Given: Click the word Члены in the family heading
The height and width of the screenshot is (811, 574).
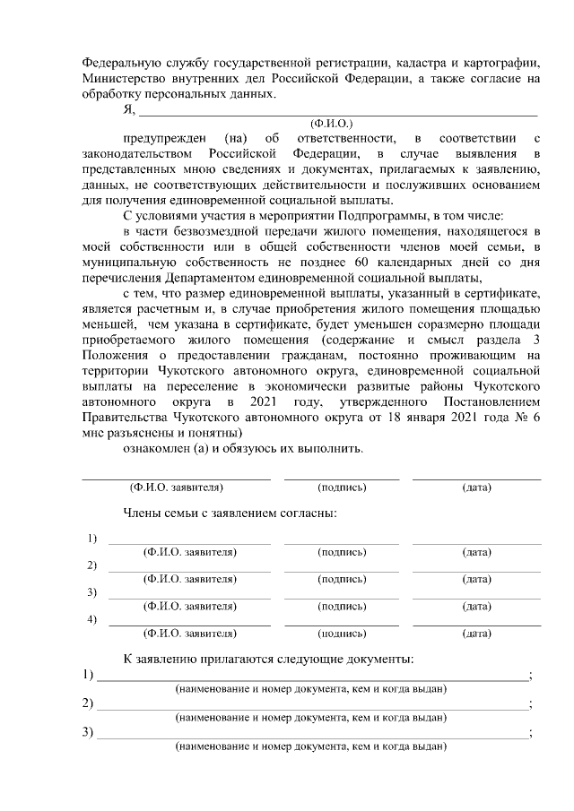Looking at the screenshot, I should click(143, 513).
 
